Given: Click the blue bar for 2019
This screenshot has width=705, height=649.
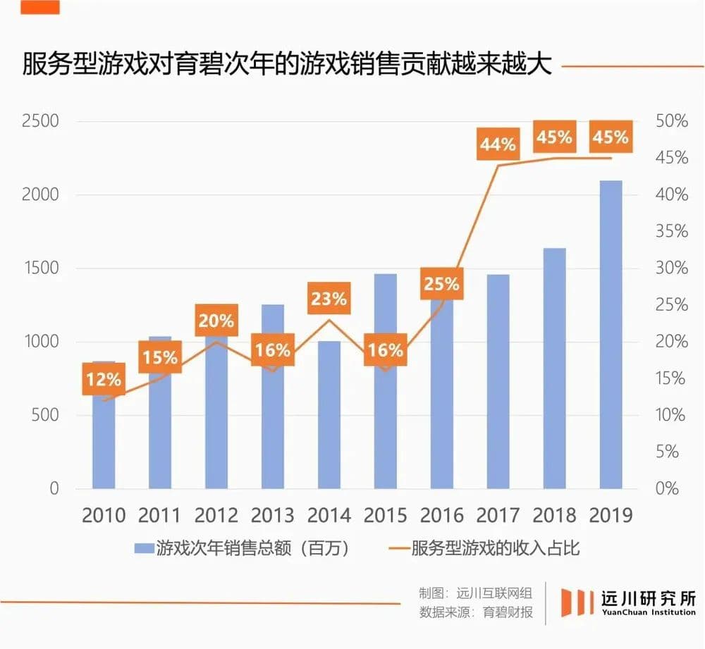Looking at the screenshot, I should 611,335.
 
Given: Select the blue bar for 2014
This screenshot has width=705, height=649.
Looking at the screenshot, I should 329,416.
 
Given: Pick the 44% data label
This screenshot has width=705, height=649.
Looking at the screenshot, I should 498,144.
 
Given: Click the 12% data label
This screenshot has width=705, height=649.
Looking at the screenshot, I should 104,380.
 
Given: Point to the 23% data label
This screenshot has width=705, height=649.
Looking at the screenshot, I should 329,299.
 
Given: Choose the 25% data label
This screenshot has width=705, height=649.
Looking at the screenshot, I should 442,284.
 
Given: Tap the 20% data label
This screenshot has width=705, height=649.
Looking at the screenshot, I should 216,321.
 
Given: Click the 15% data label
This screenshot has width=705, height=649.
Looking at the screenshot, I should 160,357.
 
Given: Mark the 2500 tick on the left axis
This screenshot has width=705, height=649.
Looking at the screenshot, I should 40,121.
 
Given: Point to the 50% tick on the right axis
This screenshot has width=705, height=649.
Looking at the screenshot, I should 671,121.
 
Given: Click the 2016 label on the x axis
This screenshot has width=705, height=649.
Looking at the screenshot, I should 442,515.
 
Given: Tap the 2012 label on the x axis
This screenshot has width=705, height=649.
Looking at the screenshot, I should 216,515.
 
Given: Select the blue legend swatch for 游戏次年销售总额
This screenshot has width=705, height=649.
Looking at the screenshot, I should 144,548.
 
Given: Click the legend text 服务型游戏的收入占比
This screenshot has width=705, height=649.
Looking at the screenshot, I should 495,548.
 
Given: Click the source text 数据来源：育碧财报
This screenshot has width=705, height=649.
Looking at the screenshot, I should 476,612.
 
